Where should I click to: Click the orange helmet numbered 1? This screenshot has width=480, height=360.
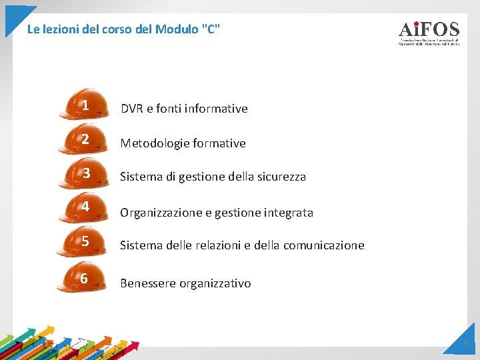(x=84, y=106)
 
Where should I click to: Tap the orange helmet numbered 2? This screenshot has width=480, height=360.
(x=84, y=140)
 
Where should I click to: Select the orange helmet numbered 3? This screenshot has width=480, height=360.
(x=84, y=175)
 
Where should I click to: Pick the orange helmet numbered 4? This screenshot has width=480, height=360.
(x=84, y=208)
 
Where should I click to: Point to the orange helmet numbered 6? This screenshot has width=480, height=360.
(x=83, y=279)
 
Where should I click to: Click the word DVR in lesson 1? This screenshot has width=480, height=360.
(x=131, y=109)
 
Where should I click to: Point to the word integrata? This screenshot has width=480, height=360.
(x=289, y=213)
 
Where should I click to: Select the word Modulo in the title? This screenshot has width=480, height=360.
(x=175, y=29)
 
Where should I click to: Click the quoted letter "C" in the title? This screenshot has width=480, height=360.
(x=210, y=29)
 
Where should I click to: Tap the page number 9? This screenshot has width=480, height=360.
(x=466, y=344)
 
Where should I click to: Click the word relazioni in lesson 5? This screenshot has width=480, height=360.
(x=201, y=245)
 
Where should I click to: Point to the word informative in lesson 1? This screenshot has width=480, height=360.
(x=216, y=109)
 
